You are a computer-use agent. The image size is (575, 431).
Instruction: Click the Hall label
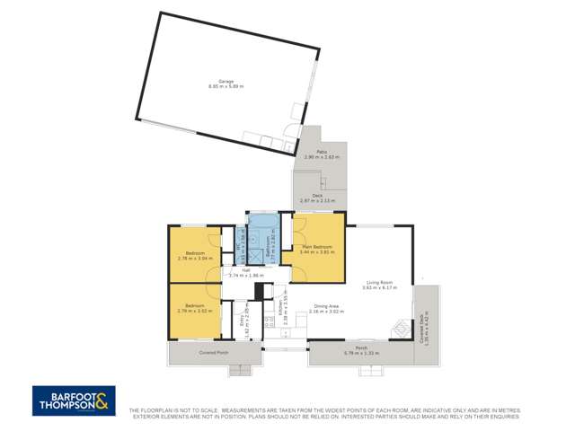243,269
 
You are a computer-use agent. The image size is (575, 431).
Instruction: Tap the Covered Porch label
212,353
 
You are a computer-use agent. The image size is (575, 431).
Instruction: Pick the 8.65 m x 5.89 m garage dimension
226,86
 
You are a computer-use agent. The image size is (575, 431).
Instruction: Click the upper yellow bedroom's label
194,253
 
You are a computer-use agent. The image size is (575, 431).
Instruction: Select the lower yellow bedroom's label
194,306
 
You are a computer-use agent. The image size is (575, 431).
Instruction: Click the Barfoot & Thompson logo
75,400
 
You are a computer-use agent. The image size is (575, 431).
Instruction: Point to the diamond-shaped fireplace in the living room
395,329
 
